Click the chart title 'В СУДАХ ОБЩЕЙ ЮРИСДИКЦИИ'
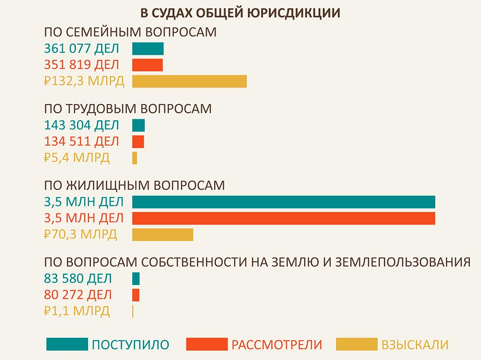tap(241, 13)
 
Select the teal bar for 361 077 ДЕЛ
tap(148, 49)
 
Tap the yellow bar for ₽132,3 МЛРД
tap(189, 81)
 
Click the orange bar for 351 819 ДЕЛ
tap(147, 65)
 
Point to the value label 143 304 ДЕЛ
tap(81, 125)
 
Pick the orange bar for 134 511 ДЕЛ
tap(138, 141)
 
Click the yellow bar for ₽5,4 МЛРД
tap(135, 158)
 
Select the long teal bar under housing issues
tap(283, 202)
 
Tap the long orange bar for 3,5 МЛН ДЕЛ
tap(283, 218)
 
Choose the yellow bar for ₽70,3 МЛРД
tap(163, 235)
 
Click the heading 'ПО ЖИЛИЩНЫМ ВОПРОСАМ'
tap(134, 186)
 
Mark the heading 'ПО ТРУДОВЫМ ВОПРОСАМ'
tap(127, 109)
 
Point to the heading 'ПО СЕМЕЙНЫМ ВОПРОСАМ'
tap(130, 32)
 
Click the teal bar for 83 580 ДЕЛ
tap(136, 278)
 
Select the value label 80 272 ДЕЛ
tap(77, 295)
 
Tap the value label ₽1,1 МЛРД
tap(76, 311)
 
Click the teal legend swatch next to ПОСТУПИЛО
tap(67, 344)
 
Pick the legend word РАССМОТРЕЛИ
tap(277, 345)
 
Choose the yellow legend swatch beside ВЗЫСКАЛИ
tap(356, 344)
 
